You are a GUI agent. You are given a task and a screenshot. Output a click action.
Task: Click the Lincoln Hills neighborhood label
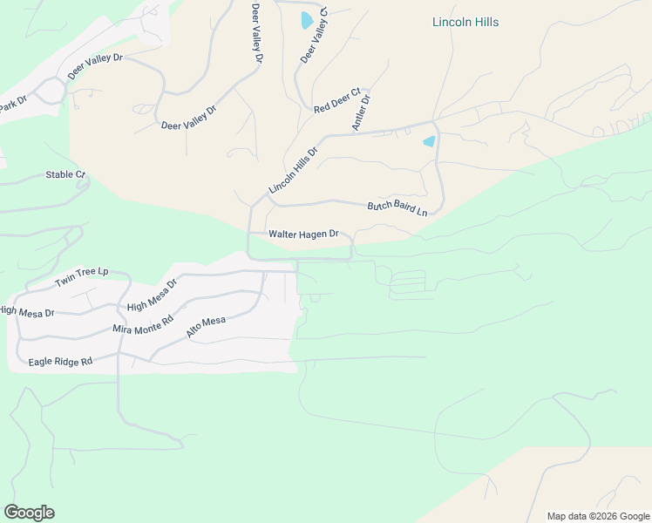pyautogui.click(x=465, y=22)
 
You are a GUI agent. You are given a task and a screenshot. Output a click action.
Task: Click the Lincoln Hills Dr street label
pyautogui.click(x=294, y=170)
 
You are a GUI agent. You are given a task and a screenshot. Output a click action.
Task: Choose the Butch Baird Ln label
pyautogui.click(x=397, y=208)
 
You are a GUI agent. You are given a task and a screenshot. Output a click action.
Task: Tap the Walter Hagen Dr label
pyautogui.click(x=302, y=234)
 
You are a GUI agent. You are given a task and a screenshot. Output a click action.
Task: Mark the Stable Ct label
pyautogui.click(x=66, y=174)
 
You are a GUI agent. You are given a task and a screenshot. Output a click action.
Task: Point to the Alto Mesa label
pyautogui.click(x=206, y=328)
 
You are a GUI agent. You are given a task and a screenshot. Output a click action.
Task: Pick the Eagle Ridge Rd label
pyautogui.click(x=60, y=361)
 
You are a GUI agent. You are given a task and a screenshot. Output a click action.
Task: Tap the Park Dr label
pyautogui.click(x=13, y=103)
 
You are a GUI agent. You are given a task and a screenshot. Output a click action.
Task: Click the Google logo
pyautogui.click(x=29, y=513)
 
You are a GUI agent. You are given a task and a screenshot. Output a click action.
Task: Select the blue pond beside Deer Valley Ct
pyautogui.click(x=307, y=20)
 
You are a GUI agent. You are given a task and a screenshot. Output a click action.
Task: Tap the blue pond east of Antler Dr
pyautogui.click(x=429, y=141)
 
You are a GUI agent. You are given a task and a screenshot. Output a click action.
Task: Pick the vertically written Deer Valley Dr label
pyautogui.click(x=256, y=34)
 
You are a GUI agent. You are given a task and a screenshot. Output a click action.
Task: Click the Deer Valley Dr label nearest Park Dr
pyautogui.click(x=96, y=67)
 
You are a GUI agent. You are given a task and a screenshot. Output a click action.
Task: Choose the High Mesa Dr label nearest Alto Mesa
pyautogui.click(x=152, y=295)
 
